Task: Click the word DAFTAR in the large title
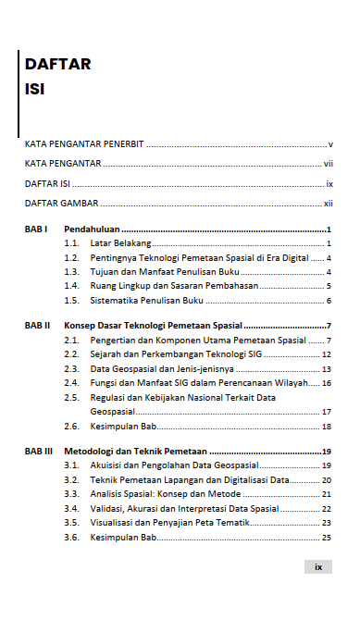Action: tap(57, 64)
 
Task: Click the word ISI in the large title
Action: tap(37, 91)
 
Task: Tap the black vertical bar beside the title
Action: tap(19, 93)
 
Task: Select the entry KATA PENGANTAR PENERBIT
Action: tap(83, 145)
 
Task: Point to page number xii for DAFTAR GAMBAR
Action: tap(328, 203)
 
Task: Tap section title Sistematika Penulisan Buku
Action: tap(146, 302)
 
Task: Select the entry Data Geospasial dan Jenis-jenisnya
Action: tap(162, 368)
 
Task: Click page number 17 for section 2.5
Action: tap(327, 411)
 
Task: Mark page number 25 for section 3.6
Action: tap(327, 538)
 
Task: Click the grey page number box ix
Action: tap(317, 567)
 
